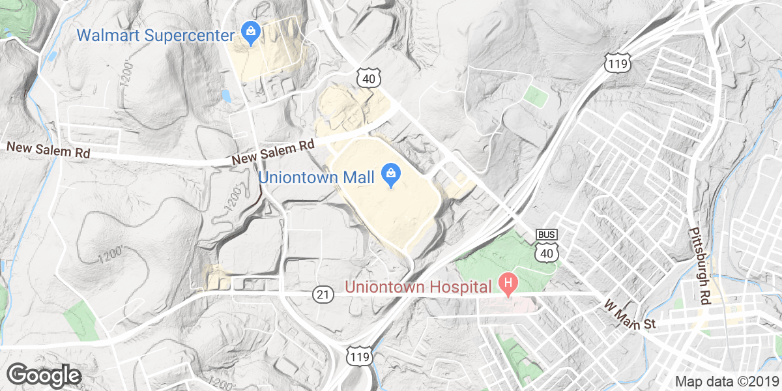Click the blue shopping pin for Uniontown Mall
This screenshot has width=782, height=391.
pos(392,175)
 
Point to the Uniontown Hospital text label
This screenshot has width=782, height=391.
pos(418,287)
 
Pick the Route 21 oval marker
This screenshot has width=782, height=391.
pos(323,295)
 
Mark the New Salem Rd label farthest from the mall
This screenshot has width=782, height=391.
pos(48,150)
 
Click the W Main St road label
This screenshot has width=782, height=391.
pos(629,315)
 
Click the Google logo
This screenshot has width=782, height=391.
pos(44,375)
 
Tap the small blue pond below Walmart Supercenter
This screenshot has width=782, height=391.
pos(225,96)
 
